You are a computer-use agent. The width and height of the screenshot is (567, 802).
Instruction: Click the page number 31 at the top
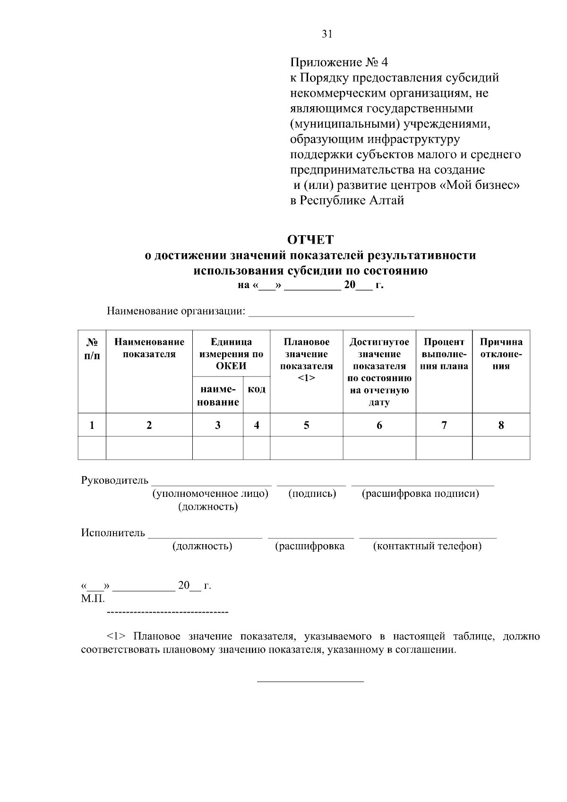tap(327, 34)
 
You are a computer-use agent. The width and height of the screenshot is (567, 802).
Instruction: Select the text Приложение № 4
tap(338, 62)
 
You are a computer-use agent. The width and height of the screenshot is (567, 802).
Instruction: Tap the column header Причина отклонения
tap(501, 354)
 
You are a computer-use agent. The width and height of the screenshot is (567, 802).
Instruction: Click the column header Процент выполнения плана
tap(444, 354)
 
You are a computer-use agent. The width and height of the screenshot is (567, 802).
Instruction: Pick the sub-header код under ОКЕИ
tap(257, 390)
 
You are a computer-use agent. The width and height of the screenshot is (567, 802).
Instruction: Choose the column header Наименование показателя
tap(149, 348)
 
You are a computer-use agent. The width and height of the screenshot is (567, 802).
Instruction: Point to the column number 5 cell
tap(306, 425)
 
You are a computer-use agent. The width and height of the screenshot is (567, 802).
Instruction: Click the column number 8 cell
tap(501, 425)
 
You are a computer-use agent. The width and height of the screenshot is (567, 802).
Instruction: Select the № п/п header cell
tap(92, 348)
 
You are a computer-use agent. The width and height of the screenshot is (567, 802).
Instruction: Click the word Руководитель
tap(115, 481)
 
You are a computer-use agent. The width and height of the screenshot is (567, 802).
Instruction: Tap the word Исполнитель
tap(113, 533)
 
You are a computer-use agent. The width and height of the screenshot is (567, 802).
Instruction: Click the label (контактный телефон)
tap(427, 546)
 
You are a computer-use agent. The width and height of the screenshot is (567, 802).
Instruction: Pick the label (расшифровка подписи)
tap(420, 494)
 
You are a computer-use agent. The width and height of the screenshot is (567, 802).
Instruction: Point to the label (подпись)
tap(312, 494)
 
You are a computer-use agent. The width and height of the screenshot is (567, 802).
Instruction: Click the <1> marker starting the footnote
tap(117, 636)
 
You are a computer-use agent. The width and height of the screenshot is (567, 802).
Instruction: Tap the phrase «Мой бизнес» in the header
tap(480, 186)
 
